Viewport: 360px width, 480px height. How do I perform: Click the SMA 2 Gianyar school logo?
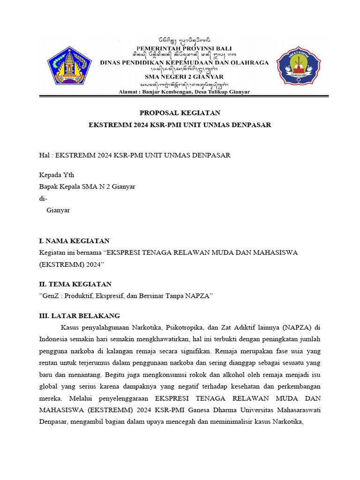click(299, 67)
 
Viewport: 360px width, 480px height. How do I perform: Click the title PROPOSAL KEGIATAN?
click(180, 113)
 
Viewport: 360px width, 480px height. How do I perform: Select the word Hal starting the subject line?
click(44, 155)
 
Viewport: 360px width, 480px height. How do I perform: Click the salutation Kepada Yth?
click(56, 175)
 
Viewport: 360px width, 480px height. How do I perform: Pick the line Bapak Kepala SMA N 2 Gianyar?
click(87, 187)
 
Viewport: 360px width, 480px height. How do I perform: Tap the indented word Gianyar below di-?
click(58, 210)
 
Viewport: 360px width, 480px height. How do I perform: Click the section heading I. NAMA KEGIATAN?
click(74, 241)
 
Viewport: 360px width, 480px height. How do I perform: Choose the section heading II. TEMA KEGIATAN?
click(75, 284)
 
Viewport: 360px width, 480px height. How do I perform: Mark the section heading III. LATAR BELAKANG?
click(79, 315)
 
